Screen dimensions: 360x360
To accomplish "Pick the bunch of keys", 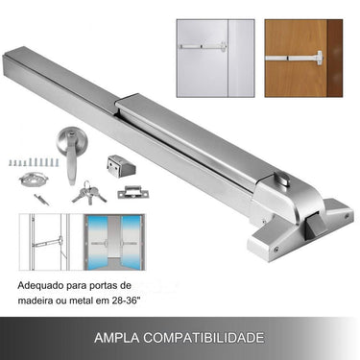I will pos(84,191).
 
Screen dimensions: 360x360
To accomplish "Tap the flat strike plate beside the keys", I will pos(133,192).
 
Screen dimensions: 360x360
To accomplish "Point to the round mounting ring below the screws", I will pos(36,181).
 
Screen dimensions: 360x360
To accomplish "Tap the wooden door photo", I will pos(301,48).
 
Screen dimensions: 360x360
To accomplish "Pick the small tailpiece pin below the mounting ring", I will pos(40,198).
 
